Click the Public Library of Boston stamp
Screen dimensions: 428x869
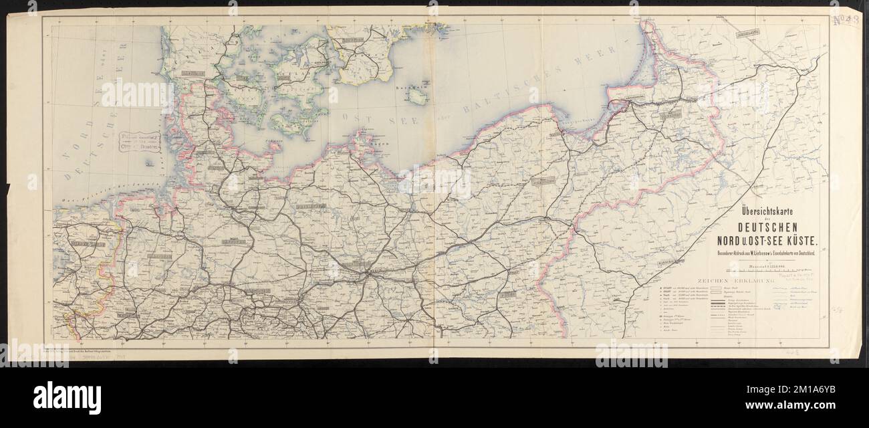(x=138, y=142)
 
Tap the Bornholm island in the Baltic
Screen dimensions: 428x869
(x=419, y=98)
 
